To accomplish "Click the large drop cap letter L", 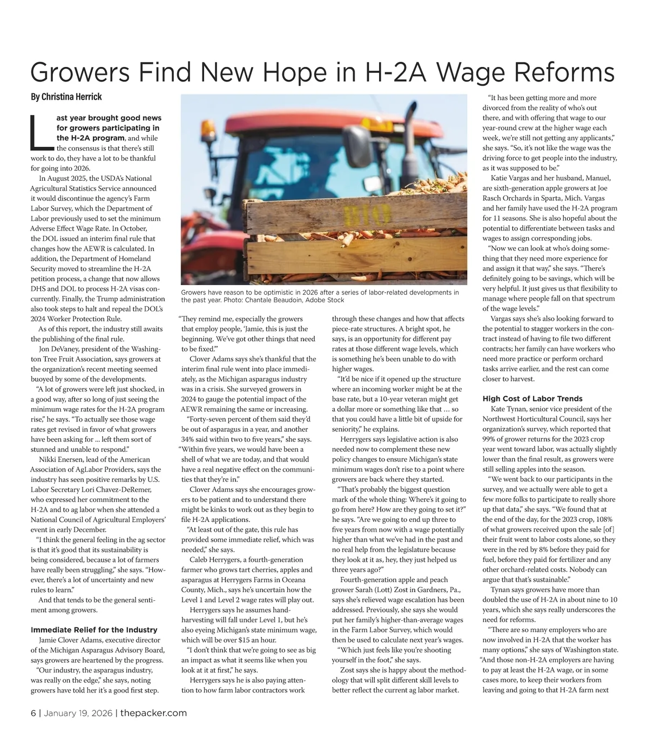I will [40, 132].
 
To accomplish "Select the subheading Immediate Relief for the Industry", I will [94, 630].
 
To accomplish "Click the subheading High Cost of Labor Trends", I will [532, 399].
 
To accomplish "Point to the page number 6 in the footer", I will [33, 713].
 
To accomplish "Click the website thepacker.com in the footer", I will [153, 713].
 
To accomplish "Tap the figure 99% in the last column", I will [490, 439].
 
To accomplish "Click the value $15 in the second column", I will [245, 640].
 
